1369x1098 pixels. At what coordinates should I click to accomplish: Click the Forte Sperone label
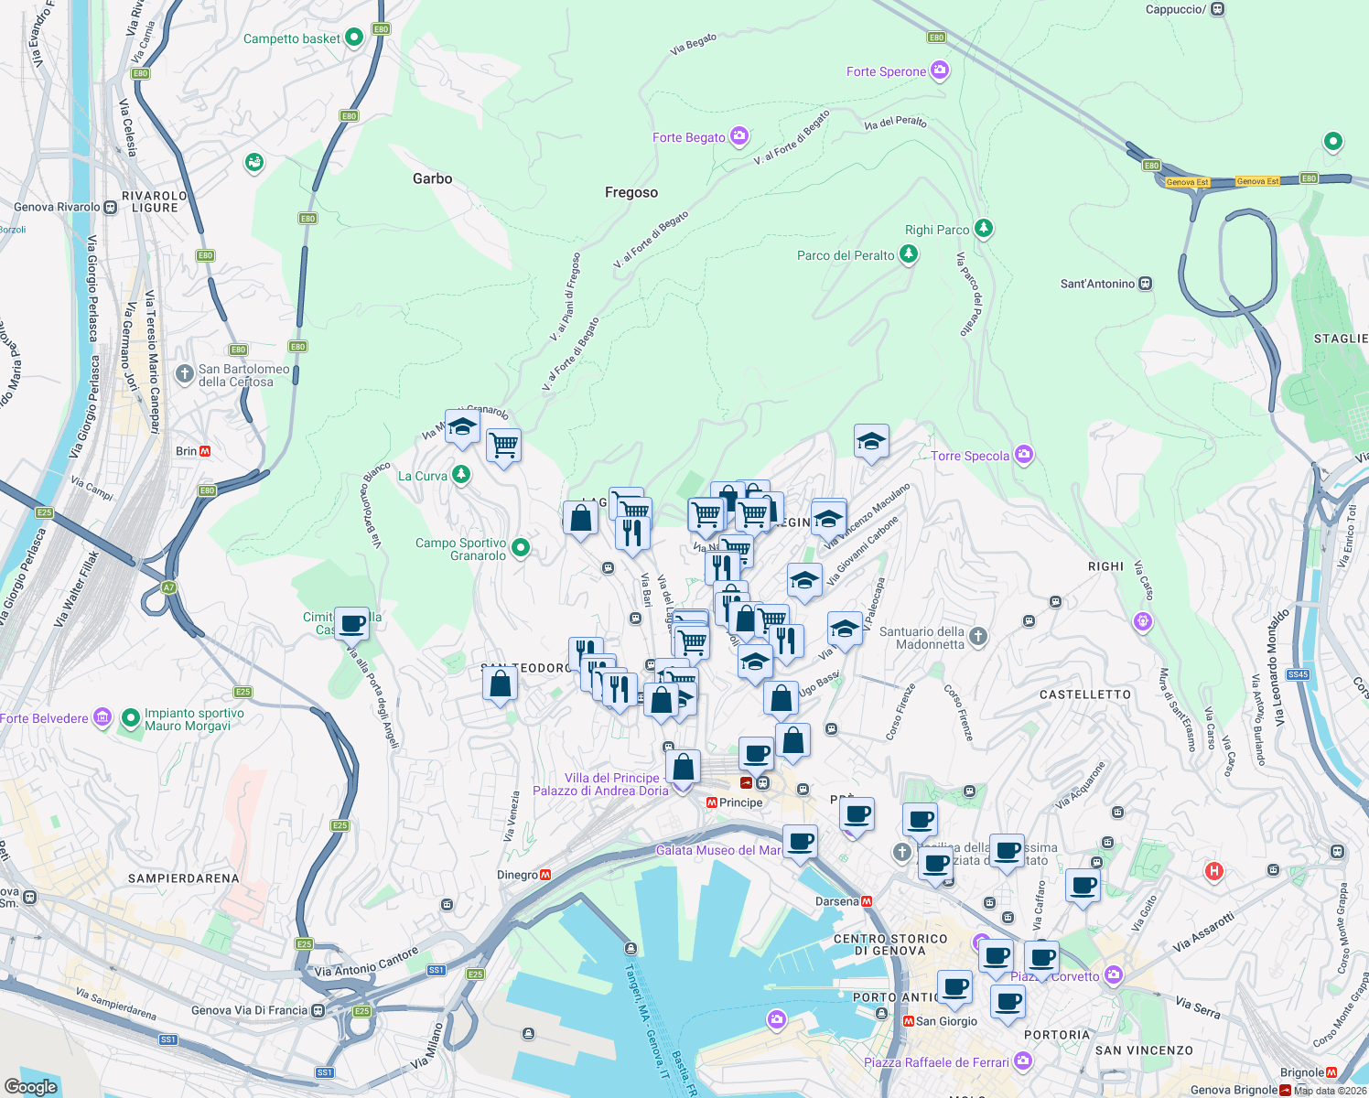886,71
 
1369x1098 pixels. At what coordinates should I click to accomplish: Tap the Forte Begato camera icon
739,137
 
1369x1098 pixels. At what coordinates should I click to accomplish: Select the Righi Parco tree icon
984,228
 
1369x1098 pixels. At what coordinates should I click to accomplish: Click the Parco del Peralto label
846,255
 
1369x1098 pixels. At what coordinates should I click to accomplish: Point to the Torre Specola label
970,456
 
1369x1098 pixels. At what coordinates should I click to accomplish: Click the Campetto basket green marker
355,38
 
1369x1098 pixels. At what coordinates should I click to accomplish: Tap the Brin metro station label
186,451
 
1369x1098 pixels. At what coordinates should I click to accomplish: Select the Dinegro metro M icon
546,875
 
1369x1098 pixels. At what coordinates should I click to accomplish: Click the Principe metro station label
740,802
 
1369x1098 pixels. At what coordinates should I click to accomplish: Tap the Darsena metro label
836,901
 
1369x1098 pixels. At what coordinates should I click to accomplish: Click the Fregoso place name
631,192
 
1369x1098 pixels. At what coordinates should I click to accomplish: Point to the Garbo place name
432,178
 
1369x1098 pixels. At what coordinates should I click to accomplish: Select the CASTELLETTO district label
1085,694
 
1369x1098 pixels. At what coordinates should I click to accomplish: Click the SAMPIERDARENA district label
184,878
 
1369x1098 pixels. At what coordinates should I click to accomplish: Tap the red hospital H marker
1214,870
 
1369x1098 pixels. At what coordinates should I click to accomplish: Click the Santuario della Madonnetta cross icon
978,636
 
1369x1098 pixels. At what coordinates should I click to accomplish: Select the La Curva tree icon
461,474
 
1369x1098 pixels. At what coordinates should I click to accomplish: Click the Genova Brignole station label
1234,1090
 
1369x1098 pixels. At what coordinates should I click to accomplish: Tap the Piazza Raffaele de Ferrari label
936,1062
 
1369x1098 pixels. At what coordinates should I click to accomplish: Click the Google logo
31,1086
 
